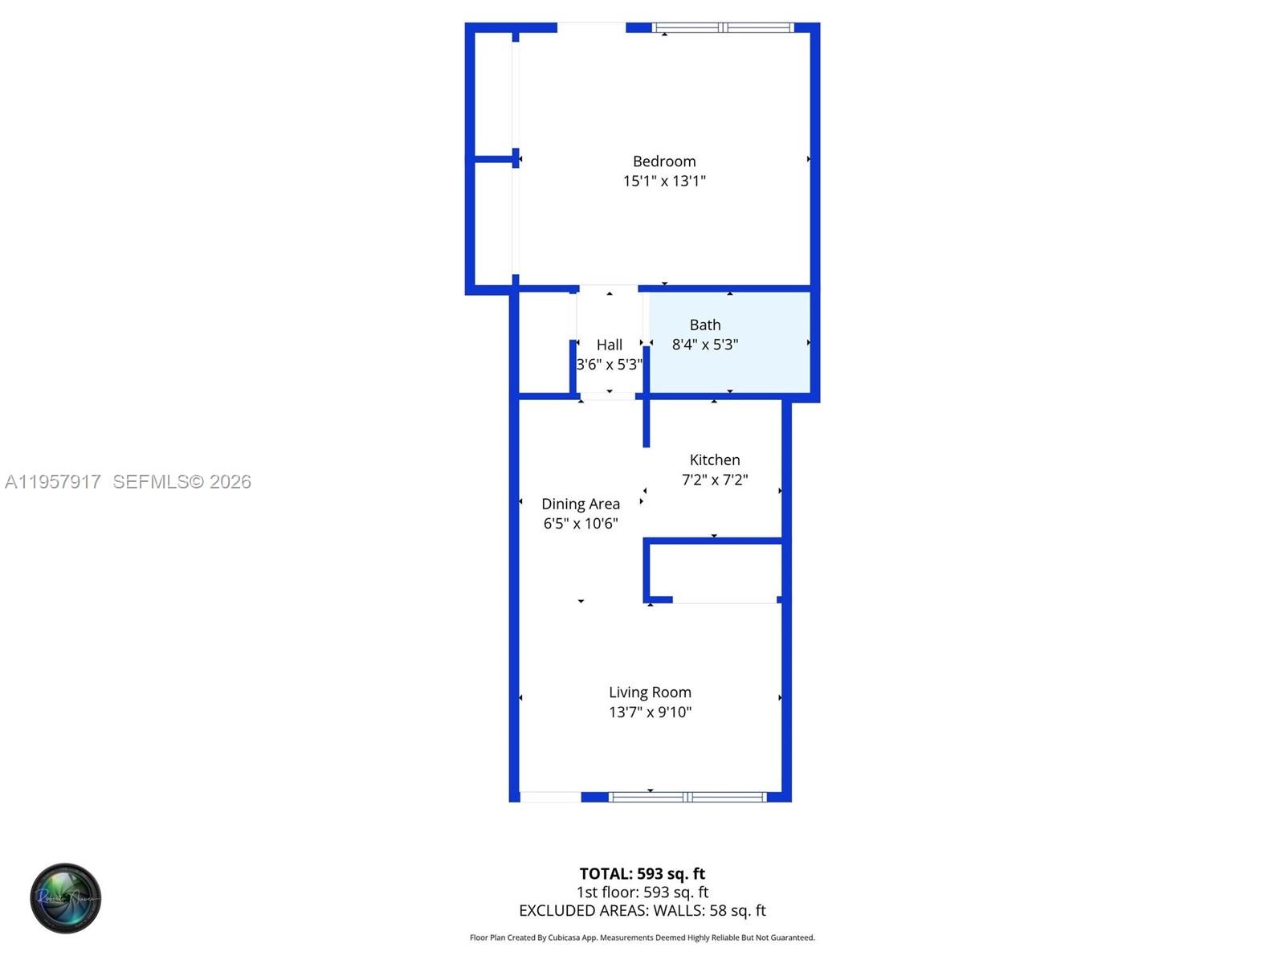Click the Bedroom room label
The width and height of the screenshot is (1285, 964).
(664, 161)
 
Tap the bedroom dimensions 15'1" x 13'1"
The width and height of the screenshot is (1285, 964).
(664, 182)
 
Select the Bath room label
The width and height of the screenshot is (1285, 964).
(705, 325)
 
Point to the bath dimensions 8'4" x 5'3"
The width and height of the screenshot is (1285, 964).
(705, 345)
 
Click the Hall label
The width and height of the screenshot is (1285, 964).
(610, 345)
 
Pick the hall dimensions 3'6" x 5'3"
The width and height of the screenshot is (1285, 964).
(610, 365)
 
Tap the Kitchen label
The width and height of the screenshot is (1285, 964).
(715, 460)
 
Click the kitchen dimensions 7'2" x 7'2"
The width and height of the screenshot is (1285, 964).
(715, 480)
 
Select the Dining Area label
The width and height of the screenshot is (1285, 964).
(581, 504)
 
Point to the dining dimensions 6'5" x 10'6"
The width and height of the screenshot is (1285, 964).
(581, 524)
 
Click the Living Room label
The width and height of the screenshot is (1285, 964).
(650, 692)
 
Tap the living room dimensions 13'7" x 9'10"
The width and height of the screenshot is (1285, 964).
(650, 712)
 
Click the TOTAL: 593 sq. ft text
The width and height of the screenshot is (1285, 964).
(642, 874)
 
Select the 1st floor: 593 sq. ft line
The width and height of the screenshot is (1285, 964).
(642, 893)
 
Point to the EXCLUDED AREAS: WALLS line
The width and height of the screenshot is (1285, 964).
(642, 911)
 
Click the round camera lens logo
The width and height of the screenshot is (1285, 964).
(66, 898)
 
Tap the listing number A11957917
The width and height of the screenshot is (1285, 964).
(53, 482)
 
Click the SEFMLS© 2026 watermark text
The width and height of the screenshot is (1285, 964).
(182, 482)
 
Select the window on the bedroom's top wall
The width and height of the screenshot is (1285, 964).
(724, 28)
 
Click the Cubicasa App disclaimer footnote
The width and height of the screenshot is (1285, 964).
(642, 937)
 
